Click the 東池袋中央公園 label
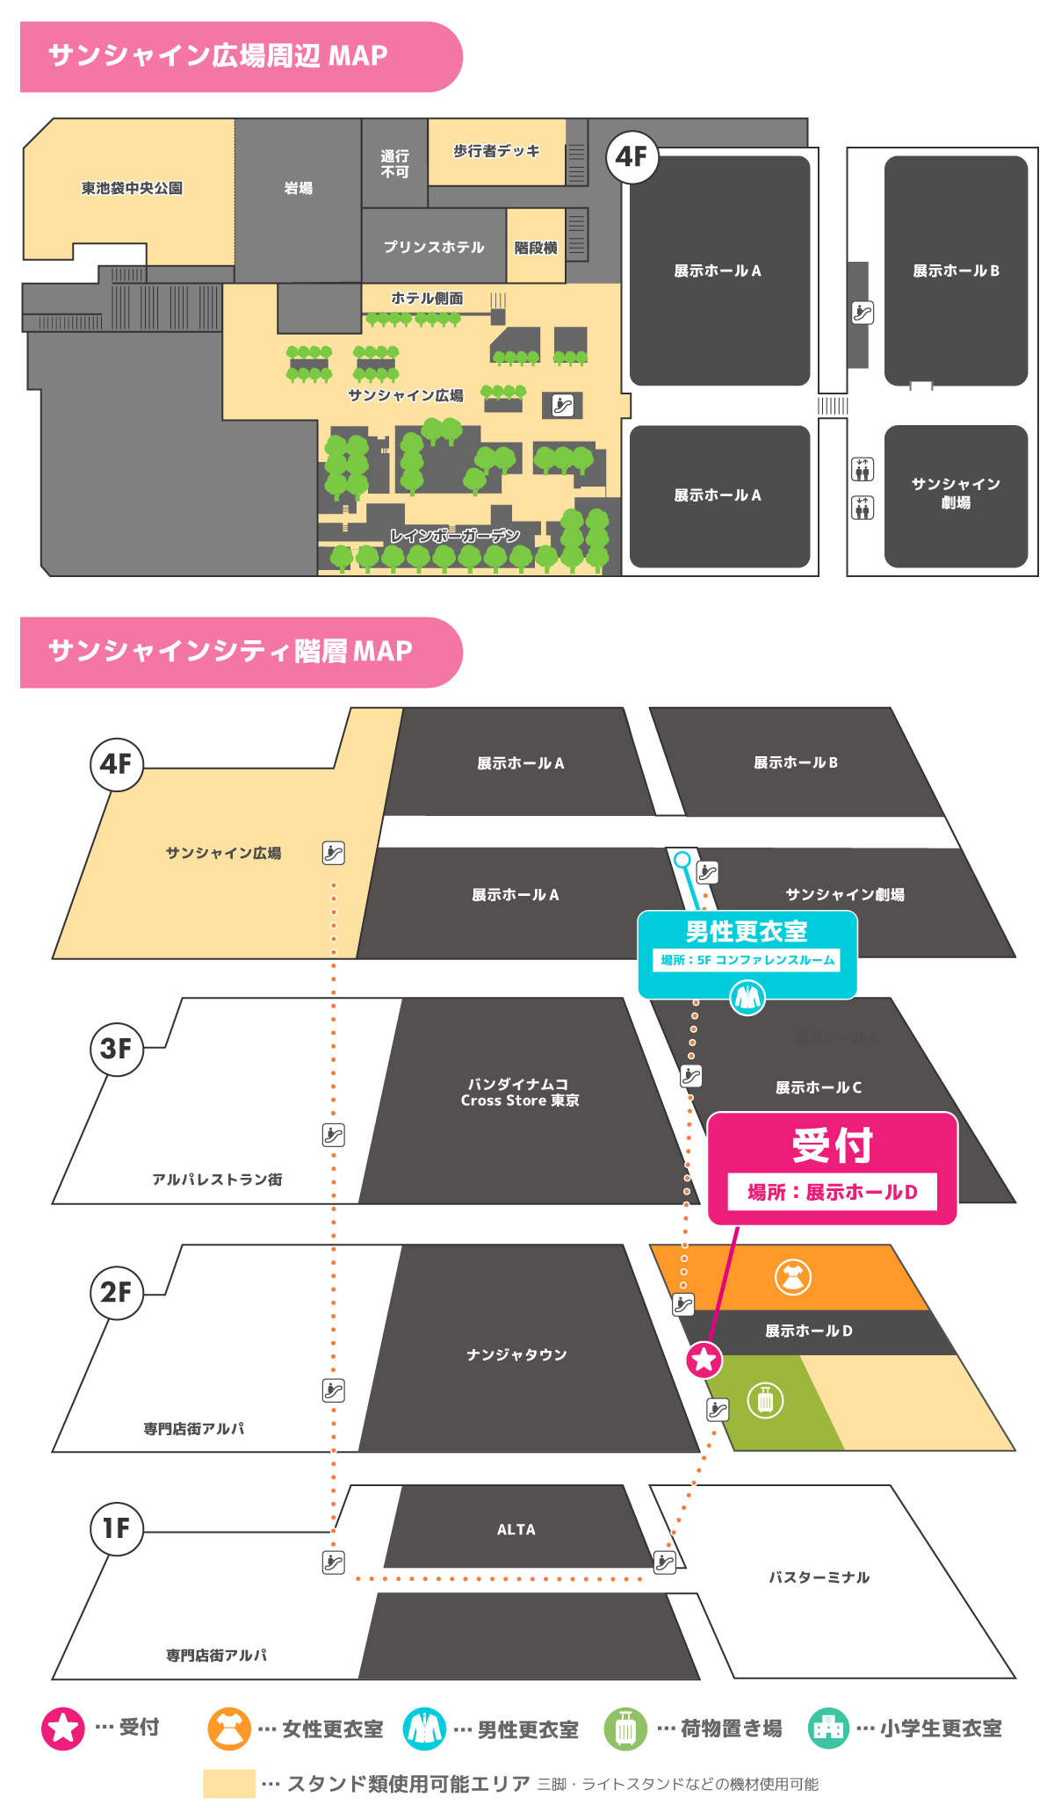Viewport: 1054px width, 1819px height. click(132, 188)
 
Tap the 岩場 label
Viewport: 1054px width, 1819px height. click(298, 188)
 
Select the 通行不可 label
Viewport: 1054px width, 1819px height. click(394, 163)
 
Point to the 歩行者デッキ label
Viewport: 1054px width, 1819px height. click(496, 151)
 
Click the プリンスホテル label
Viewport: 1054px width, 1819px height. click(434, 247)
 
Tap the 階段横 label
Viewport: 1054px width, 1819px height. click(536, 248)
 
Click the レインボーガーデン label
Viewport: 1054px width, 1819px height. click(455, 536)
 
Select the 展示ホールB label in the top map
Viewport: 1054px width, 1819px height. click(956, 271)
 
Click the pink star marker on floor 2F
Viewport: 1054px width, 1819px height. click(704, 1360)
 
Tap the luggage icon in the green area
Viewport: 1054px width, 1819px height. click(765, 1400)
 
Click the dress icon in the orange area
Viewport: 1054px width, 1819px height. click(793, 1277)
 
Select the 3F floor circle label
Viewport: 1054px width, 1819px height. click(117, 1048)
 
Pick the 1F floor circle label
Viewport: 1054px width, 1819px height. click(117, 1528)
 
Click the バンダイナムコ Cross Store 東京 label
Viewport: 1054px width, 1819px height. click(520, 1092)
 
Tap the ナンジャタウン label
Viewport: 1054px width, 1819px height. click(516, 1354)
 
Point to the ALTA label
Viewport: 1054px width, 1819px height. click(516, 1529)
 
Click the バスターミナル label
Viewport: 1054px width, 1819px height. click(819, 1577)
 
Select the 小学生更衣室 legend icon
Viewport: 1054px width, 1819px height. click(828, 1729)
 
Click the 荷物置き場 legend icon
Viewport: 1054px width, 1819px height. click(625, 1729)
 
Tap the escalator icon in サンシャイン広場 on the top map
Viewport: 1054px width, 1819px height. click(563, 405)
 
